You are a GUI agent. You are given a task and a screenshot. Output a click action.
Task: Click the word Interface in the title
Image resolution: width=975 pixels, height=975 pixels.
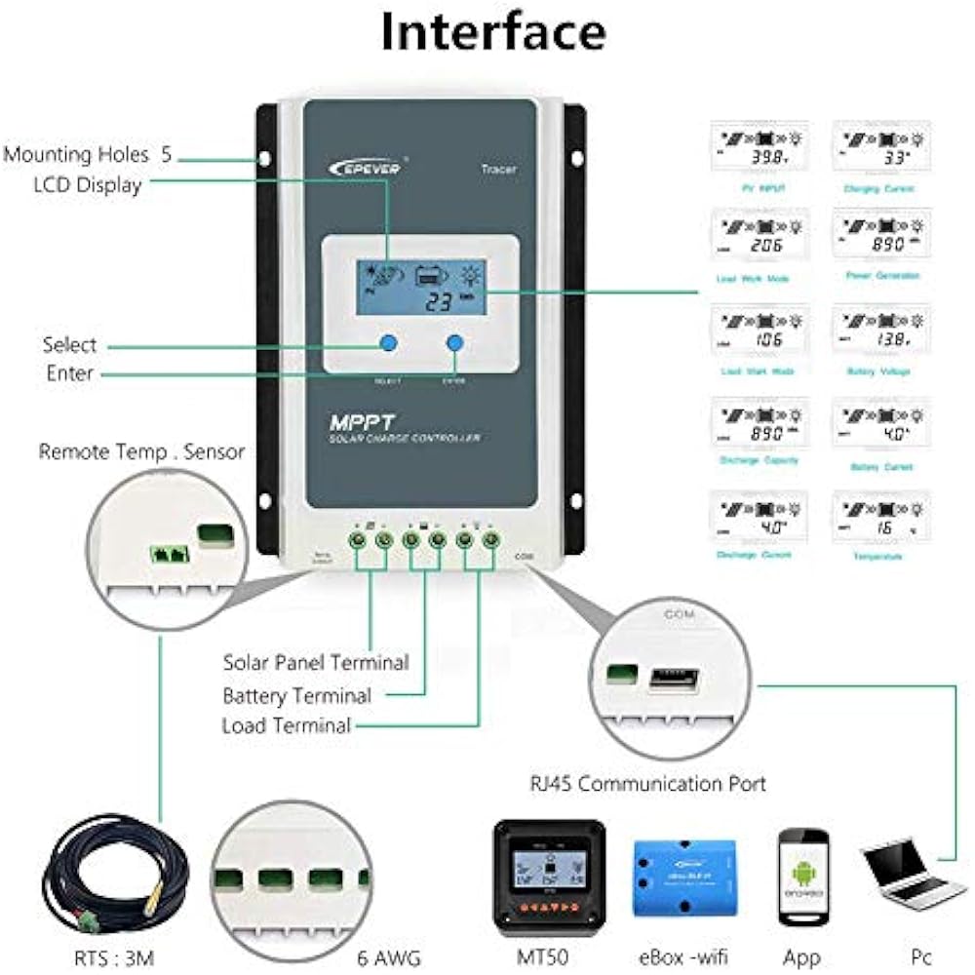(492, 31)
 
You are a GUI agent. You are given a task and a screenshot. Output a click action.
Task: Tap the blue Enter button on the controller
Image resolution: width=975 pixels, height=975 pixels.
(454, 342)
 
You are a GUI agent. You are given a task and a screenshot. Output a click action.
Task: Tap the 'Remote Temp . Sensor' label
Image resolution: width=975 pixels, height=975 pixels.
(142, 451)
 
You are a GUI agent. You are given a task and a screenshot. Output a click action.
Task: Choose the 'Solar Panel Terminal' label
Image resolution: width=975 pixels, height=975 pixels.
(315, 662)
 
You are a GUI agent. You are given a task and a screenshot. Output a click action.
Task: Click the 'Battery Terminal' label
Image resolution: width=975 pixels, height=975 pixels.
(296, 695)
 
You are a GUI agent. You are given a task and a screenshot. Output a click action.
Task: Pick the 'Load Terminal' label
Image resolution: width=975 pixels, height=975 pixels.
(286, 725)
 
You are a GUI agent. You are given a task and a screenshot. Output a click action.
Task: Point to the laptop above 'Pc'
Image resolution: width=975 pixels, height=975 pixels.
(909, 873)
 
